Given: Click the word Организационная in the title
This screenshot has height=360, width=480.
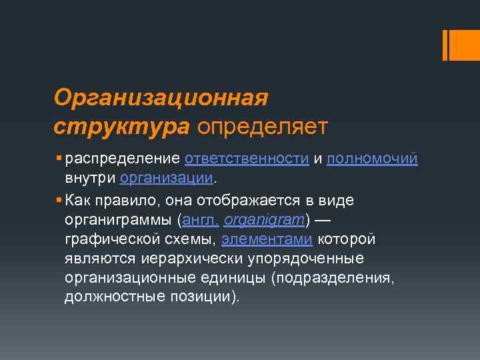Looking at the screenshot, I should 161,98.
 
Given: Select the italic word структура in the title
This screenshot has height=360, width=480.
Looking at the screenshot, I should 122,125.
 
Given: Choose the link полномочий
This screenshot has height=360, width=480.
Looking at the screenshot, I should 372,159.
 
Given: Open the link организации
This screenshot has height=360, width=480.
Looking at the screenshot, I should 167,179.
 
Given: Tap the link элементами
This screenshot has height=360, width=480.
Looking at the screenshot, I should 267,238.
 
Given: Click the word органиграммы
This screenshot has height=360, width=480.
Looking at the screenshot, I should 120,219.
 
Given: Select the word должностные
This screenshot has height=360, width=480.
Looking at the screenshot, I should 110,296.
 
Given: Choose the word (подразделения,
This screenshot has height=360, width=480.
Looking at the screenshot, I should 333,277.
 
